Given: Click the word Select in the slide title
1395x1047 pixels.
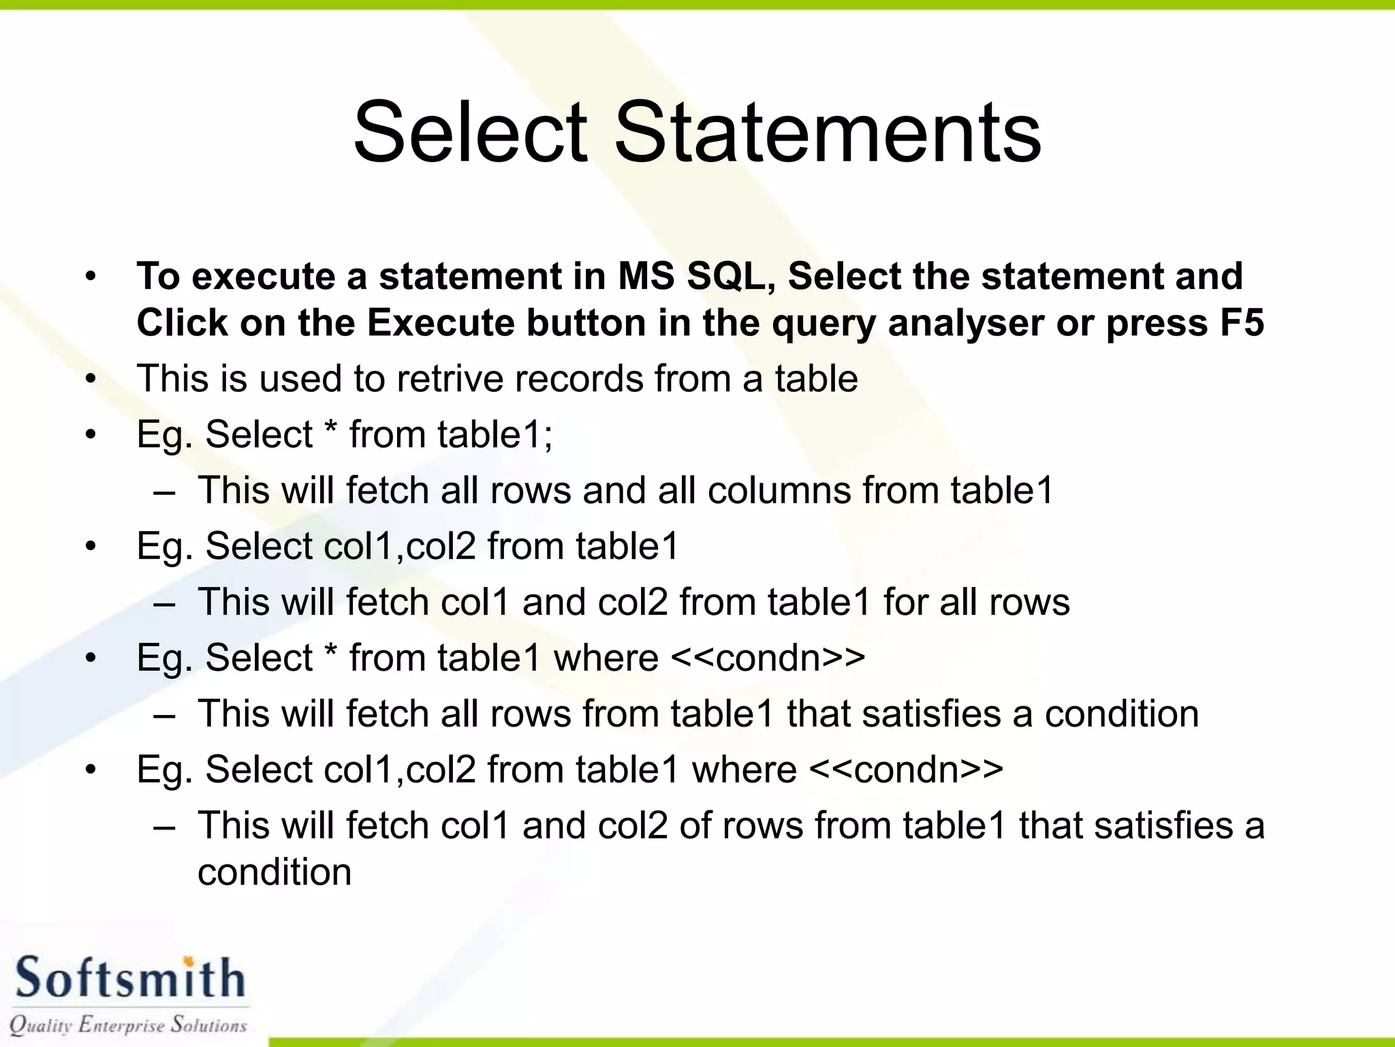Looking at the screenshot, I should point(470,132).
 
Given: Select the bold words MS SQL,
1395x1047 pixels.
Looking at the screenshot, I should point(697,277).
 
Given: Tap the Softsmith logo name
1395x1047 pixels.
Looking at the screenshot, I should point(129,978).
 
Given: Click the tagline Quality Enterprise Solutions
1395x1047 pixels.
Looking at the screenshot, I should point(128,1025).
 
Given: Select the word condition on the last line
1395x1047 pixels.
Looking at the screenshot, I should point(275,872).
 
